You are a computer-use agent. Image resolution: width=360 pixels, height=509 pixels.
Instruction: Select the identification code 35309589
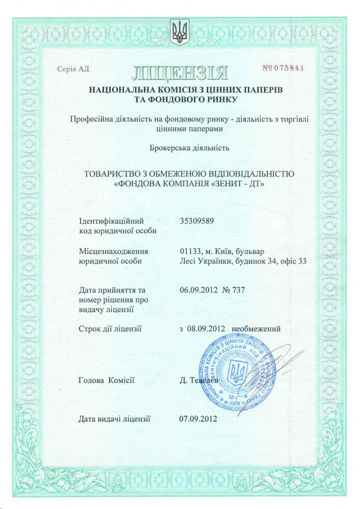pos(197,221)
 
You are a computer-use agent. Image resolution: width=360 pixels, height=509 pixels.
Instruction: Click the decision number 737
pos(238,290)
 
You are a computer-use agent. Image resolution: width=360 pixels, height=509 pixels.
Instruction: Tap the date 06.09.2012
pos(198,290)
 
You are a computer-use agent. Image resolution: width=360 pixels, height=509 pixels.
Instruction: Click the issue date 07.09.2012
pos(198,419)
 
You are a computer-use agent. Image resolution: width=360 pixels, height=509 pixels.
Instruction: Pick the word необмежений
pos(256,328)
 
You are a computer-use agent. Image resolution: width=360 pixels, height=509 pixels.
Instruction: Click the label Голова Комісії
pos(106,380)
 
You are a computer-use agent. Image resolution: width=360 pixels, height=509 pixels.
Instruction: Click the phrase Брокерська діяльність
pos(189,148)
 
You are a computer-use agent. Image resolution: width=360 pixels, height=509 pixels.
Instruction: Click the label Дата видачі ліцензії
pos(114,419)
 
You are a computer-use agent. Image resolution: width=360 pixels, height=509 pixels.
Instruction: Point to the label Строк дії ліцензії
pos(110,328)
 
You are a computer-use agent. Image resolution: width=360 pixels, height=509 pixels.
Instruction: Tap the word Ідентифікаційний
pos(111,221)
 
